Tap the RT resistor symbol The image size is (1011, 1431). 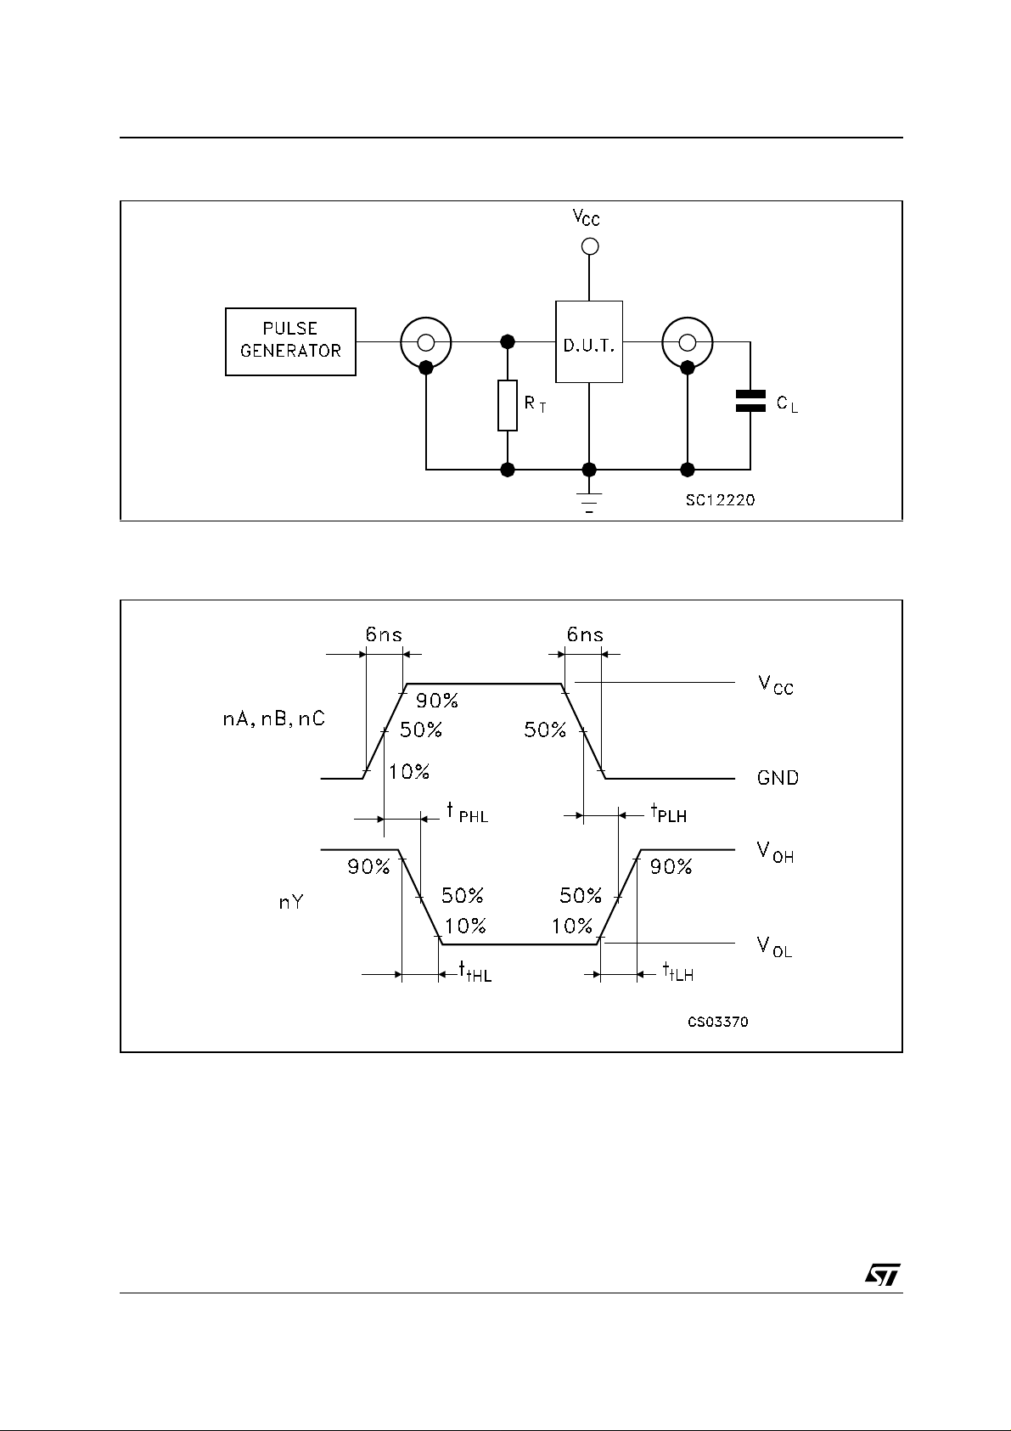click(x=508, y=406)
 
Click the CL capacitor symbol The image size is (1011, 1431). click(x=750, y=401)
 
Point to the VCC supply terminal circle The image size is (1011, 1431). click(x=589, y=246)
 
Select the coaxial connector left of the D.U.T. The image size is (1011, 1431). click(x=426, y=343)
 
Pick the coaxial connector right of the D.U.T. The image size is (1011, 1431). click(x=688, y=343)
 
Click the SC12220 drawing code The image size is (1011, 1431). click(x=720, y=500)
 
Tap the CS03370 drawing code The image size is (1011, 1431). click(x=717, y=1022)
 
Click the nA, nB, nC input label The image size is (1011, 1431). click(x=267, y=720)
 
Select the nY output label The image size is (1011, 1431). click(x=291, y=903)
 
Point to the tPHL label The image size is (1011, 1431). click(x=467, y=813)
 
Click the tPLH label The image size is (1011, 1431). click(x=669, y=814)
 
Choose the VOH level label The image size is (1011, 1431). click(x=775, y=853)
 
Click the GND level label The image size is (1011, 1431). click(x=778, y=777)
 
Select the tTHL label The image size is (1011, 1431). click(x=475, y=972)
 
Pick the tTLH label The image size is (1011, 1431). click(x=677, y=972)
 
